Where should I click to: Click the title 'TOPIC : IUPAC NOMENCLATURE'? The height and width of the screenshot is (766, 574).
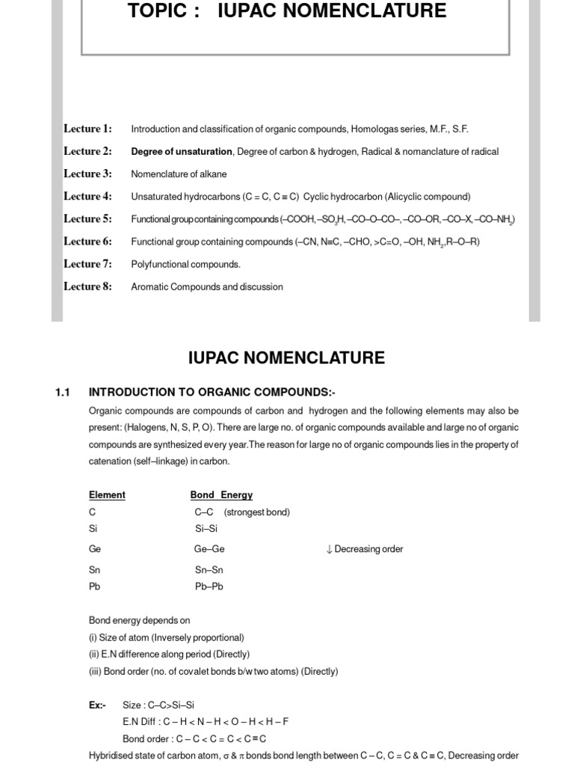click(x=287, y=11)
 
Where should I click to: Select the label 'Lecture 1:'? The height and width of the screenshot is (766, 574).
click(x=87, y=129)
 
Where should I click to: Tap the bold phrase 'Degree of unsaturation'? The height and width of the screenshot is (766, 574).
click(x=182, y=152)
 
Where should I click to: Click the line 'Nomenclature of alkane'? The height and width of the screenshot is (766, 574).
click(x=179, y=174)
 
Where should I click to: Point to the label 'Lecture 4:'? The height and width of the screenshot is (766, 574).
click(x=87, y=197)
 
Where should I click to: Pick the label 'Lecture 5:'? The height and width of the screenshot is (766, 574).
click(x=87, y=219)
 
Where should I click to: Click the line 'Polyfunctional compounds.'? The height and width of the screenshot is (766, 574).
click(x=185, y=264)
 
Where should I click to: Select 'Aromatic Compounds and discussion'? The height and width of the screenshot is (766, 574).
click(x=207, y=287)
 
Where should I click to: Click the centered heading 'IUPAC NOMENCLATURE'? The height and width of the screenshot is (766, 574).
click(x=286, y=358)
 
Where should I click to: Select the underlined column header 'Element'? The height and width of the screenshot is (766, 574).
click(x=107, y=495)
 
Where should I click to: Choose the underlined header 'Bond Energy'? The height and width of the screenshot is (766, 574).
click(x=222, y=495)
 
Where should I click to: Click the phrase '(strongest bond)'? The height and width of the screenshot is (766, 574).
click(x=256, y=512)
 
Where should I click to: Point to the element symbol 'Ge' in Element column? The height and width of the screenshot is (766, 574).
click(x=94, y=549)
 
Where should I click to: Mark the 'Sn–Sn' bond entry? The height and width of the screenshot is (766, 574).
click(x=209, y=570)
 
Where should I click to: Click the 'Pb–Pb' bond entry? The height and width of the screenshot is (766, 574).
click(x=209, y=586)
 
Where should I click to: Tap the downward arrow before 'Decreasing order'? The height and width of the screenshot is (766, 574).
click(x=329, y=549)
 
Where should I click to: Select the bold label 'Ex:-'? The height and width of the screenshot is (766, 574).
click(x=97, y=705)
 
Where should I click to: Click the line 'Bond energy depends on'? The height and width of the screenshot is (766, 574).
click(x=139, y=620)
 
